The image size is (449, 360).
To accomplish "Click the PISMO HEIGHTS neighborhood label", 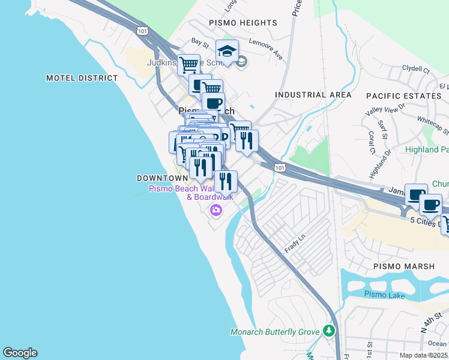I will [x=243, y=23].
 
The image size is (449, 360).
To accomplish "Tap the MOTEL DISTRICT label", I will [x=82, y=78].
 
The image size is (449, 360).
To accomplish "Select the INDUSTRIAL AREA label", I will [x=313, y=95].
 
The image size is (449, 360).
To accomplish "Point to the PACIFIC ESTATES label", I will [x=403, y=96].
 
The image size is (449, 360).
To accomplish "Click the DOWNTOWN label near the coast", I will [x=162, y=178].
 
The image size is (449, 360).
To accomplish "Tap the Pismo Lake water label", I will [x=385, y=294].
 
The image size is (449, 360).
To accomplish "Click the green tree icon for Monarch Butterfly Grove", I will [x=328, y=331].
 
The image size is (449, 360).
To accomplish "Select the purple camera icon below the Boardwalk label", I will [x=215, y=210].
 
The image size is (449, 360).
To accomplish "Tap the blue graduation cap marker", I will [x=228, y=51].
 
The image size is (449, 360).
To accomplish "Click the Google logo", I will [x=20, y=353].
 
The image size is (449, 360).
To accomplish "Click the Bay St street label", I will [x=199, y=42].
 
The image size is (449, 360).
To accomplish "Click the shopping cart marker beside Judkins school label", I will [x=189, y=64].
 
